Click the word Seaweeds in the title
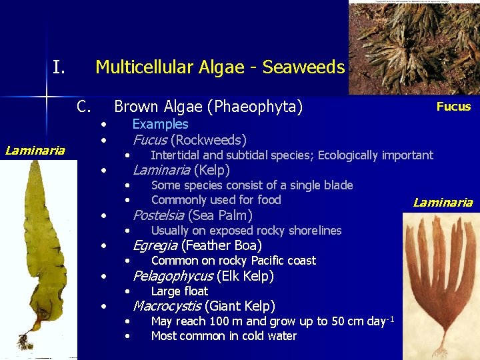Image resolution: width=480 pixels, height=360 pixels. click(303, 67)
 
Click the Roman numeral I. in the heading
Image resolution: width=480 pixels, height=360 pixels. click(59, 67)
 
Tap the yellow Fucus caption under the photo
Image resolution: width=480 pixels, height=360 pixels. click(453, 107)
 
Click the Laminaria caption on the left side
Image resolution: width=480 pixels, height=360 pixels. click(35, 150)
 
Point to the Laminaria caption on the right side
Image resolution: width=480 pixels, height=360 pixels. click(443, 203)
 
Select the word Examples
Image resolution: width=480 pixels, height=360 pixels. click(160, 124)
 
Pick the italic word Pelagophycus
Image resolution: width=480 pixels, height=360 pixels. click(173, 276)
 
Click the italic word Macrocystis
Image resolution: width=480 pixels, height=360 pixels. click(167, 306)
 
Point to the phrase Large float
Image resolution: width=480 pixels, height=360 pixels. click(179, 291)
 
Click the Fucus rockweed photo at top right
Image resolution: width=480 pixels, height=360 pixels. click(413, 47)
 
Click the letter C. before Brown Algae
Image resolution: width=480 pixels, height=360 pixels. click(83, 107)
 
